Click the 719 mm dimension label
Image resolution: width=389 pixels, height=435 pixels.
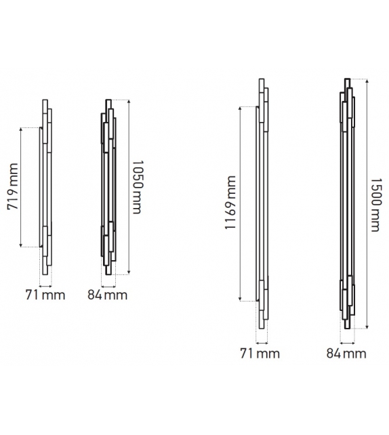(x=13, y=186)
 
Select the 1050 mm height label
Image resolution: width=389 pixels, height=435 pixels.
(x=137, y=187)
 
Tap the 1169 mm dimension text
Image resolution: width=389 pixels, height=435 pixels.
(x=230, y=203)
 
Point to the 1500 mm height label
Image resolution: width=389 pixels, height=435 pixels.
(x=376, y=205)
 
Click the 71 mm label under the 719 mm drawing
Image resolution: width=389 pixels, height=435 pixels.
(x=45, y=295)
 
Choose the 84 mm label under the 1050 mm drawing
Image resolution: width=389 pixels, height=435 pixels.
(x=107, y=295)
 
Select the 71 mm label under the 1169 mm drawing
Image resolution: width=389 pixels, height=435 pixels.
(x=260, y=354)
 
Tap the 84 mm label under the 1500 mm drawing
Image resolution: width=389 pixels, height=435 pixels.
(x=346, y=354)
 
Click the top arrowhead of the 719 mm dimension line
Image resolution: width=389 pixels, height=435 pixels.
(x=21, y=129)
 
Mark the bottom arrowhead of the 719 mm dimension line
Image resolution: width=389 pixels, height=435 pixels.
(x=21, y=245)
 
